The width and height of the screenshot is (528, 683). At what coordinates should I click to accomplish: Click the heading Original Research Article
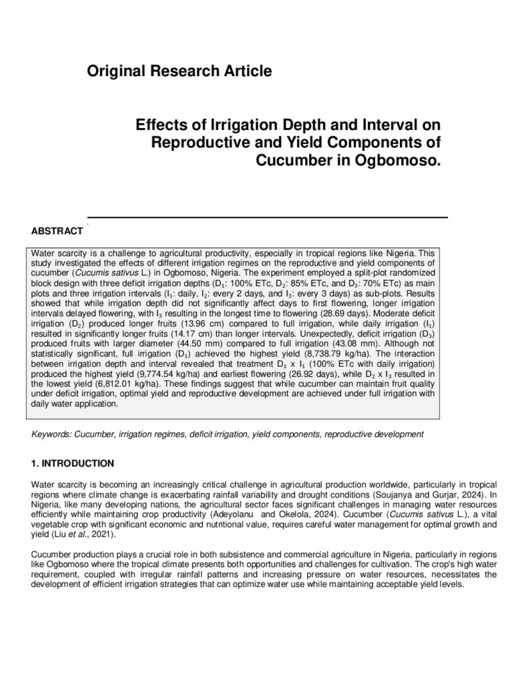[x=180, y=71]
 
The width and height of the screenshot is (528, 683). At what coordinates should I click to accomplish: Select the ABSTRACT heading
[x=57, y=231]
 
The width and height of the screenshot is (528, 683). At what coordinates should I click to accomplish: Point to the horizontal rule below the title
[x=267, y=217]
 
